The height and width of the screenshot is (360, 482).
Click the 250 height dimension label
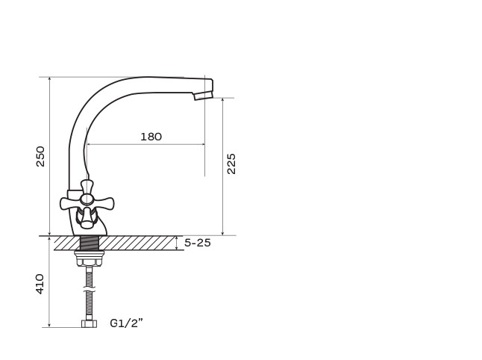click(x=40, y=157)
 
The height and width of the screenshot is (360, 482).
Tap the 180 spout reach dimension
click(x=151, y=137)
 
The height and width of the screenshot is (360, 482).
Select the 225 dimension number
click(x=231, y=164)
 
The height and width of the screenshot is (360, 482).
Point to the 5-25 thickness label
click(x=197, y=243)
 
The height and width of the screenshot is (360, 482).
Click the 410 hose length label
click(x=40, y=284)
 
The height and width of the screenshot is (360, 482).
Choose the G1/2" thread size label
click(x=126, y=323)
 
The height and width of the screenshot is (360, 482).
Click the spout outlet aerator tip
click(x=203, y=95)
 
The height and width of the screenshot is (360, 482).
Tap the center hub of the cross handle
click(x=87, y=199)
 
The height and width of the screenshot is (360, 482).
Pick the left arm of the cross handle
click(x=70, y=203)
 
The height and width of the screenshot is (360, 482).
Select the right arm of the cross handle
click(x=103, y=203)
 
